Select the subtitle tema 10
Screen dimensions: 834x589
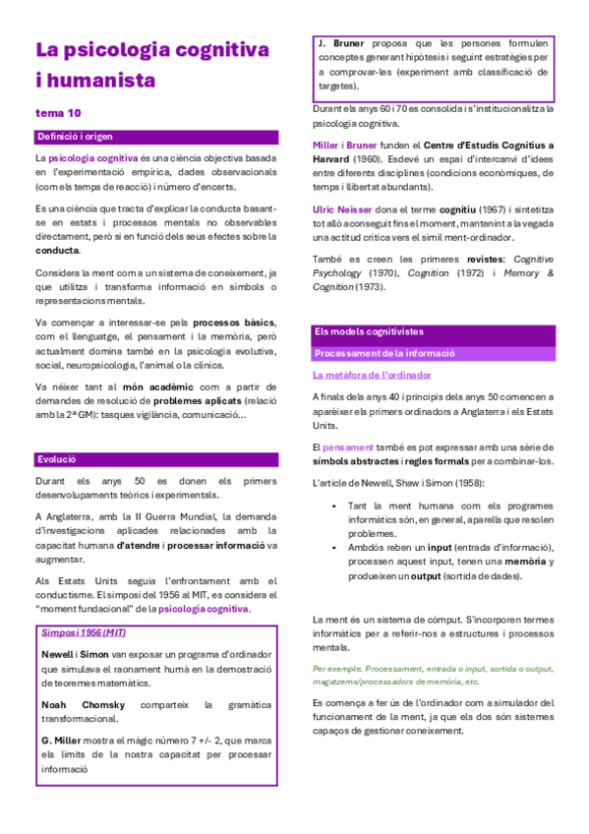click(58, 113)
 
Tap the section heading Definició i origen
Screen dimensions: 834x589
click(77, 137)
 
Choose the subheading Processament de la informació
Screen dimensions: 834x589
click(383, 352)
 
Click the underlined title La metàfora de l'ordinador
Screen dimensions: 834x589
click(372, 375)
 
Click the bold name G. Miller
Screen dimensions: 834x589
click(62, 739)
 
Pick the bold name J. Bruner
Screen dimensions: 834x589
click(345, 44)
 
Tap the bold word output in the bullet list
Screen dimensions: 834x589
click(426, 576)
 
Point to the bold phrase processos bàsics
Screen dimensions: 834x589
click(234, 323)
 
